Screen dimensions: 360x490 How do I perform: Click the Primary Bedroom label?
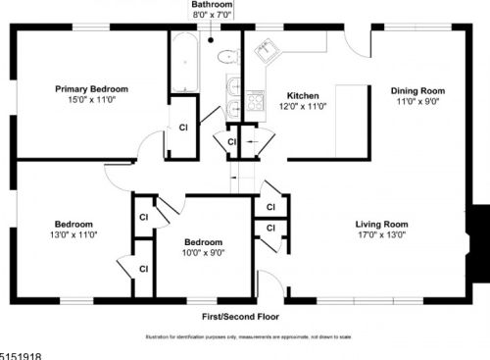(91, 89)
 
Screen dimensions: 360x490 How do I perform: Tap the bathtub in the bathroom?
(183, 64)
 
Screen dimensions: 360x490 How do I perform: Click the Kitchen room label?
(303, 95)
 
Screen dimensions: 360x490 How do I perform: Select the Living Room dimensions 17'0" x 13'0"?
(381, 235)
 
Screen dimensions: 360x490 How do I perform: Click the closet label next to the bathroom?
(183, 128)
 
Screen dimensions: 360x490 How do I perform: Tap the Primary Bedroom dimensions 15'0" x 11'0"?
(91, 100)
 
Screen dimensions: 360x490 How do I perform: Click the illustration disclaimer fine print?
(244, 335)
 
